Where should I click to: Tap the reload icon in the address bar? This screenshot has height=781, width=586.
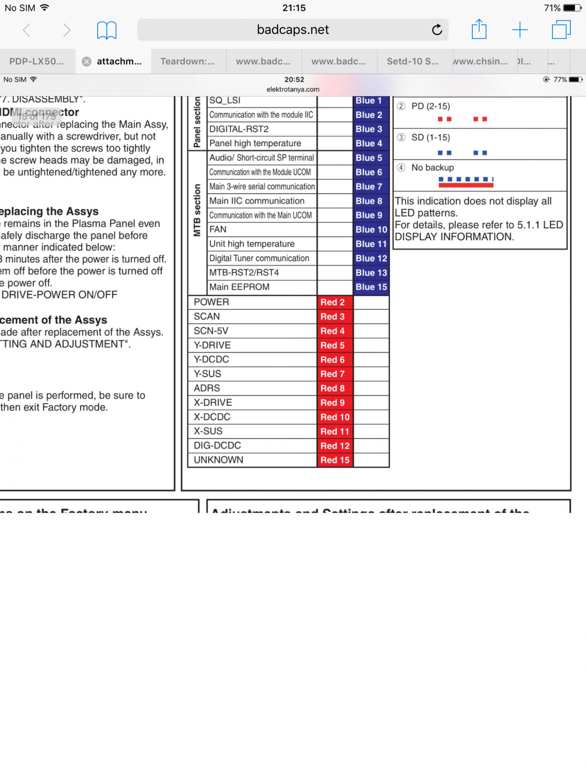pyautogui.click(x=437, y=30)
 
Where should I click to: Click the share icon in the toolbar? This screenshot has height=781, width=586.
pyautogui.click(x=479, y=30)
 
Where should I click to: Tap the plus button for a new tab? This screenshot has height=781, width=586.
pyautogui.click(x=520, y=30)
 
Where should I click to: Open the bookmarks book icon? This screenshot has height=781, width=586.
pyautogui.click(x=107, y=30)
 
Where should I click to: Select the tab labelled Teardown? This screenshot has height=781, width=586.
pyautogui.click(x=188, y=61)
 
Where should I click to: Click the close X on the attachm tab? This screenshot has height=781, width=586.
pyautogui.click(x=87, y=61)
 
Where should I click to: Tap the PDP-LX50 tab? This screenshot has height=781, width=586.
pyautogui.click(x=36, y=61)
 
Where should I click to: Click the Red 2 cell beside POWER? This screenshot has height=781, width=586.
pyautogui.click(x=334, y=302)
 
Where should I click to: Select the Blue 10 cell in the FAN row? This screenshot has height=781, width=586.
pyautogui.click(x=371, y=230)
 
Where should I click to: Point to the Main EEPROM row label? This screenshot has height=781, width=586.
pyautogui.click(x=239, y=287)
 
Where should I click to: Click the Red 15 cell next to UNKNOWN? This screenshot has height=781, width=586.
pyautogui.click(x=334, y=460)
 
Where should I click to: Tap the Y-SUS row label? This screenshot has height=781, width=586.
pyautogui.click(x=207, y=374)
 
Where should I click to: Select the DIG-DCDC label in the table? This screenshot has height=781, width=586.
pyautogui.click(x=217, y=446)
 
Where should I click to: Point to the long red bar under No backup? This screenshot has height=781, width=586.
pyautogui.click(x=466, y=185)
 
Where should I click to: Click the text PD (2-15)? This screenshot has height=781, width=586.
pyautogui.click(x=431, y=106)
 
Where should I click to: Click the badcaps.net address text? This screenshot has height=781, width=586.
pyautogui.click(x=293, y=30)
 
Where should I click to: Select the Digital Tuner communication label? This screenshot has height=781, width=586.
pyautogui.click(x=259, y=258)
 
